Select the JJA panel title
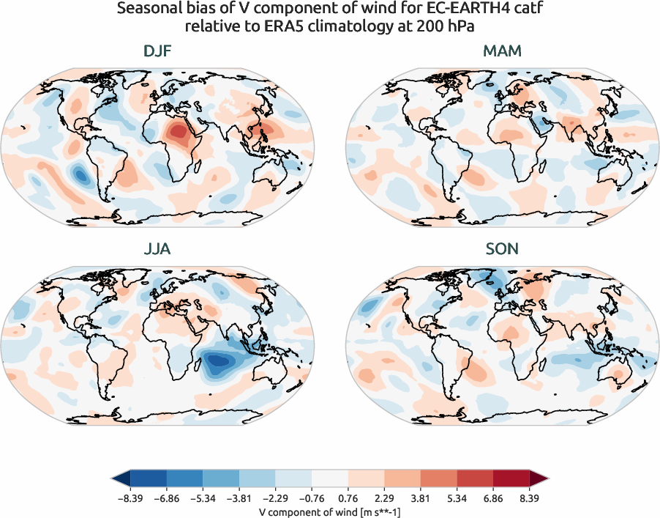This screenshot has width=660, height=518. (x=157, y=249)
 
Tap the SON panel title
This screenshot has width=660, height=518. (x=502, y=249)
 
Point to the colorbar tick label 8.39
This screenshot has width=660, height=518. (x=529, y=497)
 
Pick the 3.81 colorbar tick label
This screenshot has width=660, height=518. (x=421, y=497)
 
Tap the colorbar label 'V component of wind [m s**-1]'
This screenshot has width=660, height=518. (x=330, y=511)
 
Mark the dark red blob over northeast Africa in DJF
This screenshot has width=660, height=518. (x=178, y=132)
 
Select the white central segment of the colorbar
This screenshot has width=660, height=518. (x=330, y=478)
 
